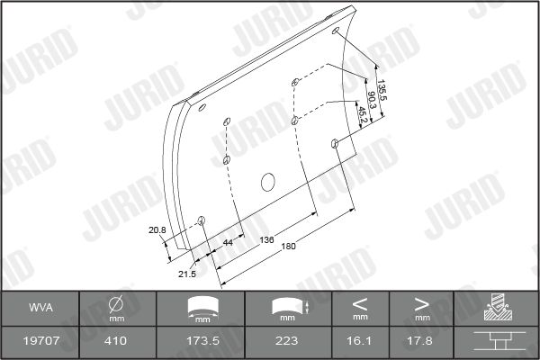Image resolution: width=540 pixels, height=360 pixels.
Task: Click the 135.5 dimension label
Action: pyautogui.click(x=382, y=90)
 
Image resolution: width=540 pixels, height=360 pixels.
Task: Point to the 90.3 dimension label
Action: pyautogui.click(x=373, y=100)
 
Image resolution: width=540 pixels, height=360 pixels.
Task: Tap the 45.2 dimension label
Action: pyautogui.click(x=363, y=114)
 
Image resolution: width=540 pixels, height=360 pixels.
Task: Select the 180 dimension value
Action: pyautogui.click(x=288, y=247)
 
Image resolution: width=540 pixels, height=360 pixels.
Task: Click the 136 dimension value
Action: pyautogui.click(x=266, y=239)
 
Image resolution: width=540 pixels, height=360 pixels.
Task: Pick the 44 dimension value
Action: pyautogui.click(x=228, y=242)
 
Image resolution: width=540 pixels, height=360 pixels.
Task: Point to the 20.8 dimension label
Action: pyautogui.click(x=157, y=229)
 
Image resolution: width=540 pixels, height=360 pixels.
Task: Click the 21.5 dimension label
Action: pyautogui.click(x=187, y=274)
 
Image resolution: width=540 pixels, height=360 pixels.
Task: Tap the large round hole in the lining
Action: pyautogui.click(x=267, y=182)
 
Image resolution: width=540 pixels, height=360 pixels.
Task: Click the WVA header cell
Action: pyautogui.click(x=40, y=308)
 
